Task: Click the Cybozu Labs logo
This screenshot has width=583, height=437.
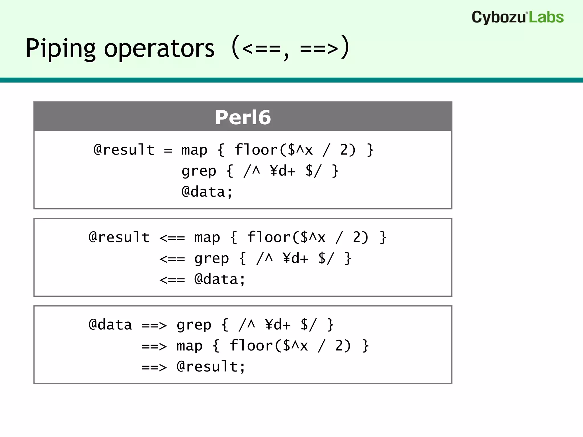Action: (517, 17)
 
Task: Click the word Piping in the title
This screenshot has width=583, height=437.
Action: (60, 48)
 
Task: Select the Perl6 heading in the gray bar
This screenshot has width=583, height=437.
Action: (243, 117)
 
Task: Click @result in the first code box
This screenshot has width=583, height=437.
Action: (124, 150)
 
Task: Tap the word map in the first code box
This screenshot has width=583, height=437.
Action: (194, 150)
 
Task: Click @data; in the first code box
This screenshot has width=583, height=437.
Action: (207, 192)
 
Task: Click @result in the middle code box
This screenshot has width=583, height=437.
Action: (119, 237)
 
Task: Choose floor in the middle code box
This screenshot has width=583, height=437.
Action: (269, 237)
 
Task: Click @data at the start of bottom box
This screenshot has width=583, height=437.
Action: (110, 325)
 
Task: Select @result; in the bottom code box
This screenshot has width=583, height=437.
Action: (211, 367)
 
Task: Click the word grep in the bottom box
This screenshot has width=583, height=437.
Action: (194, 325)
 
